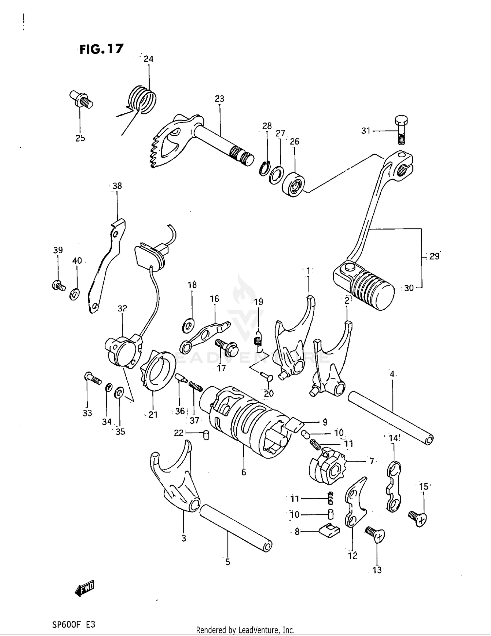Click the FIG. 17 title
pos(101,49)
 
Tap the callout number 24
pos(148,59)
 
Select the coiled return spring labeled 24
pos(142,99)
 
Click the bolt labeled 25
pos(81,99)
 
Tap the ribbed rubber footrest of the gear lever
pos(373,287)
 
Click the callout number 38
pos(117,186)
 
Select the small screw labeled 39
pos(59,285)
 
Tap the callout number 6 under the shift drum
pos(244,472)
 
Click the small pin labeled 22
pos(206,435)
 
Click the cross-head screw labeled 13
pos(375,534)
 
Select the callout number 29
pos(434,257)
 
